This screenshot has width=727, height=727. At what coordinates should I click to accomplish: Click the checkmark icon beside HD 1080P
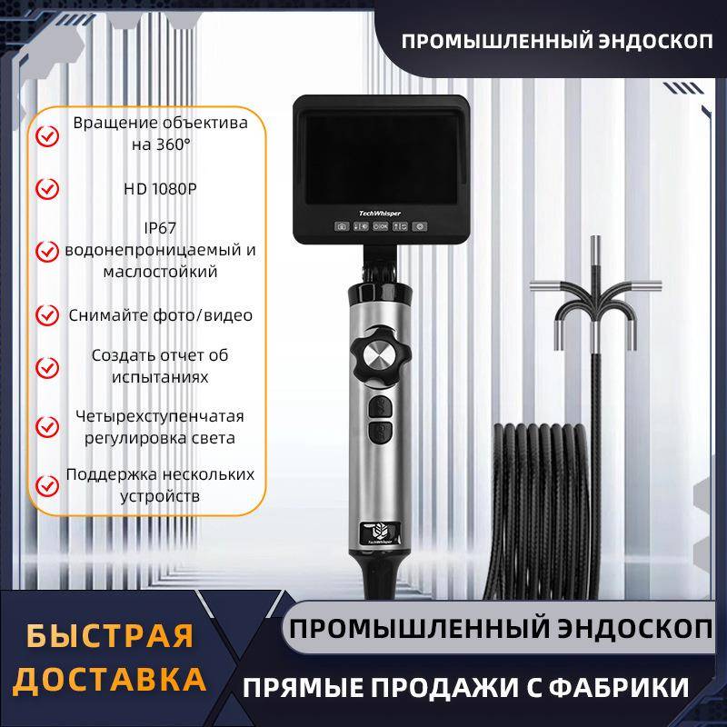[x=46, y=189]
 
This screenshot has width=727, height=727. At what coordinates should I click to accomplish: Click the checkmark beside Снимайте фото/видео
[x=46, y=315]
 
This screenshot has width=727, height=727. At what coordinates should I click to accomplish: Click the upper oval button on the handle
[x=379, y=408]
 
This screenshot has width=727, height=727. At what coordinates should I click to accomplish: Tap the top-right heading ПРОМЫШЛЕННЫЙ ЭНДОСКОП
[x=557, y=44]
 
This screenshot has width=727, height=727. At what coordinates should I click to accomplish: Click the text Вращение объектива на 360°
[x=160, y=133]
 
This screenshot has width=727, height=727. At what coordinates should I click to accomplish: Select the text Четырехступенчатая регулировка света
[x=160, y=426]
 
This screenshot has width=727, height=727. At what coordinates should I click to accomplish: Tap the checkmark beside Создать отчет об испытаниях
[x=46, y=367]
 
